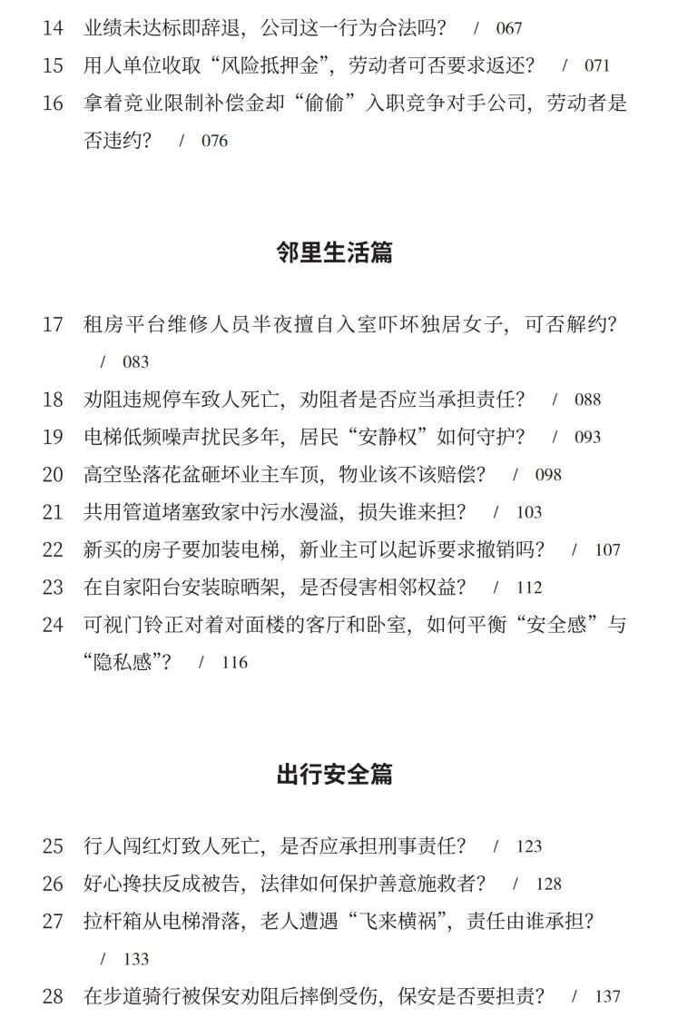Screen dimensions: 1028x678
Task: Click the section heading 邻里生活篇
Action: click(334, 252)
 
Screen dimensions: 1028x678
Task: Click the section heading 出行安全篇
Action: click(334, 775)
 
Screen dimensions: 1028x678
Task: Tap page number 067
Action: click(508, 28)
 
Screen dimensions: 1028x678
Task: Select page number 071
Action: click(596, 66)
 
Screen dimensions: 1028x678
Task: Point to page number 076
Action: click(214, 141)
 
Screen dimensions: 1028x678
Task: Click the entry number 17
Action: click(53, 324)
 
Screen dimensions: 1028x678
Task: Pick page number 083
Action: click(135, 362)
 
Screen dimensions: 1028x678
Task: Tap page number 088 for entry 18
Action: click(587, 400)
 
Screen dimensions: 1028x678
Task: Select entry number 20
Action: click(53, 475)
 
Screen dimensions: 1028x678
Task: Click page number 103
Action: click(528, 513)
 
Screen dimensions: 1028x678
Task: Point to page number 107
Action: click(607, 550)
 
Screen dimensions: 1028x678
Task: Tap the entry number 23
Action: click(53, 588)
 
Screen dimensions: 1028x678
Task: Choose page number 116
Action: click(234, 663)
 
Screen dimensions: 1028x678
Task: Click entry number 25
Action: click(53, 846)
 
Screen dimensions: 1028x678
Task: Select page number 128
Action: click(548, 885)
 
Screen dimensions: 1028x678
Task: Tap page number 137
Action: click(607, 997)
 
